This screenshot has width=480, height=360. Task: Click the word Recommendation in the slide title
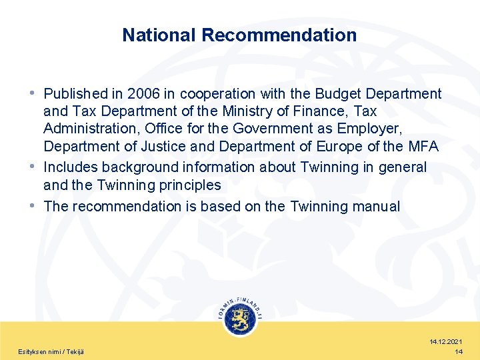[x=279, y=35]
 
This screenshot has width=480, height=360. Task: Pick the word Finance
[x=327, y=111]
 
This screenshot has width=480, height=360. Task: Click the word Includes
[x=73, y=167]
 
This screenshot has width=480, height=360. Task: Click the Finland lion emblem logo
[x=240, y=318]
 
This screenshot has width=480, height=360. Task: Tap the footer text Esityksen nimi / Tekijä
[x=51, y=351]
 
